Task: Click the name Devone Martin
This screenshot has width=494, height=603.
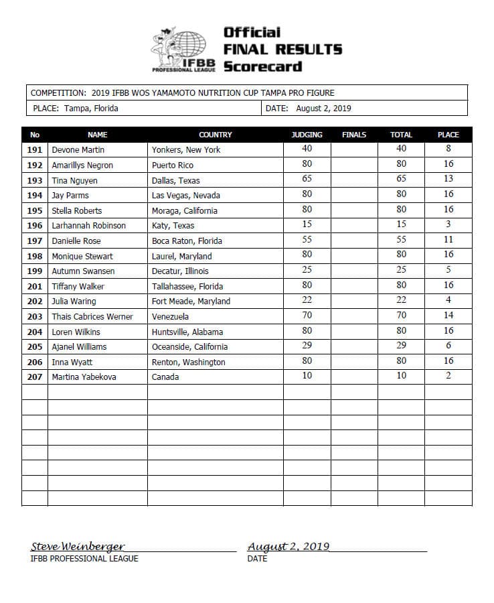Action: point(78,150)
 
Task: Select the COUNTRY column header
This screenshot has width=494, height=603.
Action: point(215,135)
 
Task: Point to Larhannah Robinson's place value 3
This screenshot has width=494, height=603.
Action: point(448,224)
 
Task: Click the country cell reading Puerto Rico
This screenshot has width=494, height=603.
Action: point(173,165)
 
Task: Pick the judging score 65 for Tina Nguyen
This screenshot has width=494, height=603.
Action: point(307,179)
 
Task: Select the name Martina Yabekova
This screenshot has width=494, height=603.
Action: point(84,377)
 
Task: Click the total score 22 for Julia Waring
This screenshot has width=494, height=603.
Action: point(401,300)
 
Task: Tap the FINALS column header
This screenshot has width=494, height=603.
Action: point(353,135)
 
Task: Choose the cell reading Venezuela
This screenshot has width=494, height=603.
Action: point(170,316)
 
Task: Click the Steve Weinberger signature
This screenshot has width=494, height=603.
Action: point(78,547)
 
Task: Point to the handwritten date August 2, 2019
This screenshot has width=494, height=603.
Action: point(288,547)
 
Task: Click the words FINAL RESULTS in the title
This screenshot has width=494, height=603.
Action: point(282,50)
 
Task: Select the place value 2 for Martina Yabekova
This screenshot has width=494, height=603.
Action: point(448,376)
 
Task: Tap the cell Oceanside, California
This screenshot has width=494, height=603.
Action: point(189,347)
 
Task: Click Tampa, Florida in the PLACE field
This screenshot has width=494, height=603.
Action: point(92,109)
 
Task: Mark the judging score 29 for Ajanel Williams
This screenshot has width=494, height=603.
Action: point(307,346)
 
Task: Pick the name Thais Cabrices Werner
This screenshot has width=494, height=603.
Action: point(92,316)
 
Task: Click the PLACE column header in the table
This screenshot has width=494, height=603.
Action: point(448,135)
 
